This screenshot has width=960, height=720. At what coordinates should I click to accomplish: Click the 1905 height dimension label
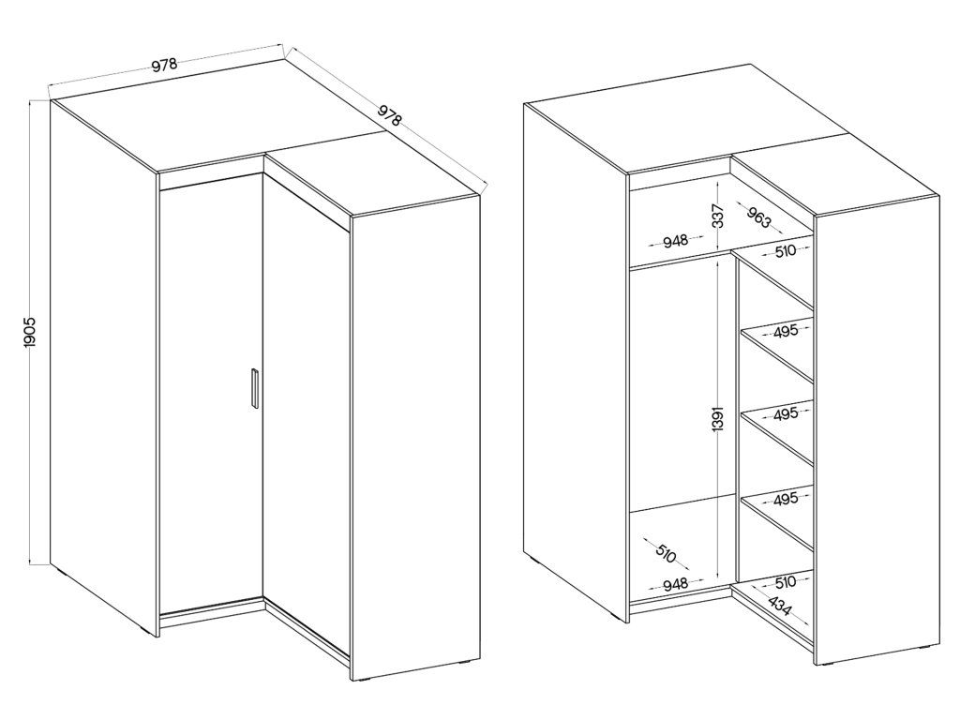[31, 333]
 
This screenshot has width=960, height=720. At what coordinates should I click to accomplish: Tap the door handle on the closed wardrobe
[255, 387]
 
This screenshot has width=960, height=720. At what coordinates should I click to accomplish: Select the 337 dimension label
[719, 217]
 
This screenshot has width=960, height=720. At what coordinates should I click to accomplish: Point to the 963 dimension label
[757, 217]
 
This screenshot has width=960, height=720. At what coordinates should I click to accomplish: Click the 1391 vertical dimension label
[719, 417]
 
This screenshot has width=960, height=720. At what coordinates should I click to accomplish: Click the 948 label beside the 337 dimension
[676, 241]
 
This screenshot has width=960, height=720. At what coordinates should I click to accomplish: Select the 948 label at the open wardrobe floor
[676, 583]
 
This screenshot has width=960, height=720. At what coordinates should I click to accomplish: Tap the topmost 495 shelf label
[786, 331]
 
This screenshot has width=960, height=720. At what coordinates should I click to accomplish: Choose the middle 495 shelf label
[786, 413]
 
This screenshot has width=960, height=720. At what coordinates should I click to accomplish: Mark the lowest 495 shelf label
[786, 499]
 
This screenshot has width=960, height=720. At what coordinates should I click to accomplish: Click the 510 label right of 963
[785, 250]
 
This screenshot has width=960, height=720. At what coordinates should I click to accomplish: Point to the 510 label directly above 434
[785, 581]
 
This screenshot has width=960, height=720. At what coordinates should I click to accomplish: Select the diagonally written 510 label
[666, 553]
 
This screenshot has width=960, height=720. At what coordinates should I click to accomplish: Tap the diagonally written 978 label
[389, 115]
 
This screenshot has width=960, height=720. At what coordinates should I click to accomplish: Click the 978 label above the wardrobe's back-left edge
[164, 65]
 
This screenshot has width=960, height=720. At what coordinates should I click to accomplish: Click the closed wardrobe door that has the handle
[212, 392]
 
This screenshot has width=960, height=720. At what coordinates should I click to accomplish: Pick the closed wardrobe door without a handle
[307, 416]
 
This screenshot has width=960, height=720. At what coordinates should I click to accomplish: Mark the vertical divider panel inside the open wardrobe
[736, 416]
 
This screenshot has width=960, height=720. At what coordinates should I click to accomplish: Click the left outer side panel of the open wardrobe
[577, 361]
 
